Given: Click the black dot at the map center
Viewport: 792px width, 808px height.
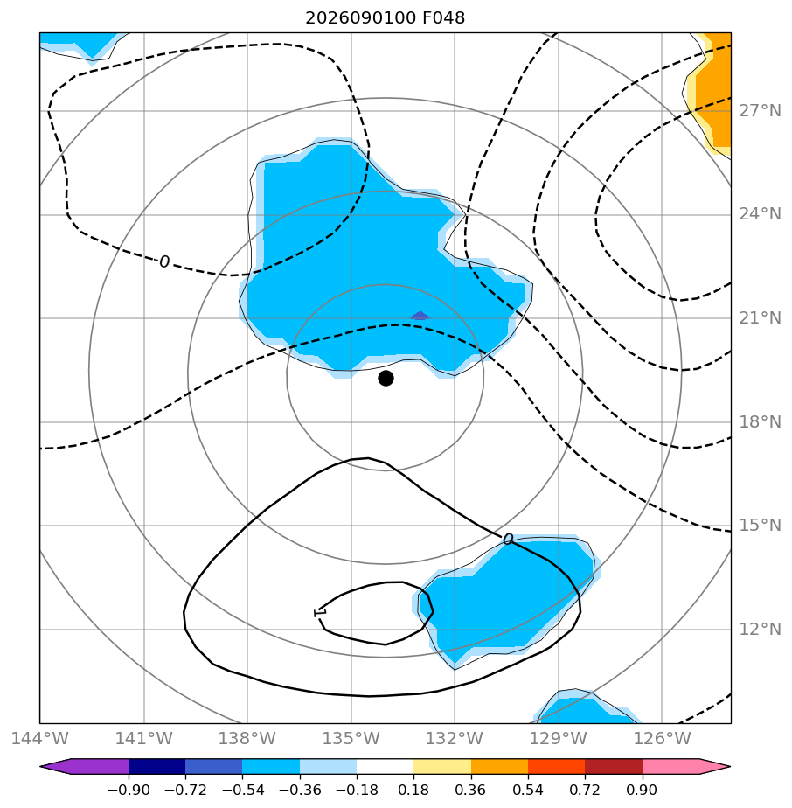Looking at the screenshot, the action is point(386,379).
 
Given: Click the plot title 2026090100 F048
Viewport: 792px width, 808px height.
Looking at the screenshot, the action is point(385,18).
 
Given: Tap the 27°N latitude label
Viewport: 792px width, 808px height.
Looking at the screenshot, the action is point(760,111).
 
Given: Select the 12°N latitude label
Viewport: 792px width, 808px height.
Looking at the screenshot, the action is point(760,630).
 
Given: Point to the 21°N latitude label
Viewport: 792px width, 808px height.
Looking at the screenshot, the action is point(760,318).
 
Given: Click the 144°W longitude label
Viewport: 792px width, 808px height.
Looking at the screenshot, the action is point(39,738).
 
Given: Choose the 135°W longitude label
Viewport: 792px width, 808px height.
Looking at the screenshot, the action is point(351,738).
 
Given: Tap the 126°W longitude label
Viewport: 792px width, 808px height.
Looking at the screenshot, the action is point(662,738).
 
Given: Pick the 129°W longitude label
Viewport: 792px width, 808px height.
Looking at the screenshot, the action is point(558,738).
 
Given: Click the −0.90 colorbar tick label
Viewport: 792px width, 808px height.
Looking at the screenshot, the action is point(129,790).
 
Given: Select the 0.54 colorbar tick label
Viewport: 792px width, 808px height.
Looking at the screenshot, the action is point(528,790).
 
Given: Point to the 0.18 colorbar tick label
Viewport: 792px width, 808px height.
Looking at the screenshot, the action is point(413,790).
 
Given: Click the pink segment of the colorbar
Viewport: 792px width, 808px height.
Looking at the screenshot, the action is point(670,767).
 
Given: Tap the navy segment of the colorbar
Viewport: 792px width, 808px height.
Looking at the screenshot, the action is point(156,767).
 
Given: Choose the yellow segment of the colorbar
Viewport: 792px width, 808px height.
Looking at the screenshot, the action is point(442,767).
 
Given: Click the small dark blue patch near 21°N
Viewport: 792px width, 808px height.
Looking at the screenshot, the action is point(420,316).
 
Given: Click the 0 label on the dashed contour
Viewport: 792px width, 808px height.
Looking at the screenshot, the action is point(163,261).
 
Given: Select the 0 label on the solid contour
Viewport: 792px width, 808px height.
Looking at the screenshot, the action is point(508,539).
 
